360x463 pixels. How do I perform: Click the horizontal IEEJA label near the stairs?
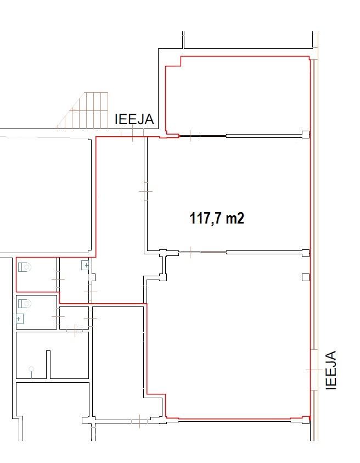coord(134,119)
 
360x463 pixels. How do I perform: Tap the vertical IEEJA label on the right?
coord(331,370)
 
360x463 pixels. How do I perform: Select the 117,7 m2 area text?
coord(217,219)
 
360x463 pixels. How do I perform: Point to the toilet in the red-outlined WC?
coord(25,267)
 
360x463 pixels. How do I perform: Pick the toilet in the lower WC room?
coord(25,303)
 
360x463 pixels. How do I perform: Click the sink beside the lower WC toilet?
coord(19,319)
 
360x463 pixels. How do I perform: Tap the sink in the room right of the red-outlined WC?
coord(85,265)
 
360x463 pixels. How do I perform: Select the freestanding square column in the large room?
coord(306,277)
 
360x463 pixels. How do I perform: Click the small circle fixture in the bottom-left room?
coord(31,369)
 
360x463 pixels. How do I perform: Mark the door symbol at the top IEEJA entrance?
coord(132,133)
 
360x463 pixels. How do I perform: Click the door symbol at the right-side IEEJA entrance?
coord(314,370)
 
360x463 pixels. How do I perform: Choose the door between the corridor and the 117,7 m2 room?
coord(145,191)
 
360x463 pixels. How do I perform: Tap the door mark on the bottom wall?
coord(139,421)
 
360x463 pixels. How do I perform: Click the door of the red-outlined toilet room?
coord(58,279)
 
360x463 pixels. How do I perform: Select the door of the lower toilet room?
coord(58,316)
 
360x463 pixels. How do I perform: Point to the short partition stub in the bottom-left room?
coord(48,364)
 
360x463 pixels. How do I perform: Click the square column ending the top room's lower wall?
coord(306,135)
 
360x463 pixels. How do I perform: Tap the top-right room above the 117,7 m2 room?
coord(238,94)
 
